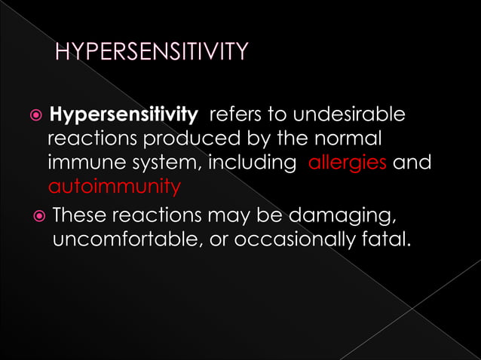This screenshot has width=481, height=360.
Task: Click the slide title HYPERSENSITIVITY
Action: click(151, 52)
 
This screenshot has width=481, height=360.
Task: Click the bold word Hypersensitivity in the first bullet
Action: click(123, 115)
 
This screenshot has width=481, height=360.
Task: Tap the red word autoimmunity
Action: click(114, 185)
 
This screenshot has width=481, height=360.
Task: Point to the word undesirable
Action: click(349, 115)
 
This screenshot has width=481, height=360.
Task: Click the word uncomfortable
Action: click(128, 239)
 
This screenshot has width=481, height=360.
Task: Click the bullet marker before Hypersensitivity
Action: click(34, 116)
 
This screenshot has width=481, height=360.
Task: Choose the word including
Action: click(253, 162)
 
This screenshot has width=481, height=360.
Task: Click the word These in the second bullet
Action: click(78, 216)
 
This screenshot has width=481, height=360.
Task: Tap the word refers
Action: click(235, 115)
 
